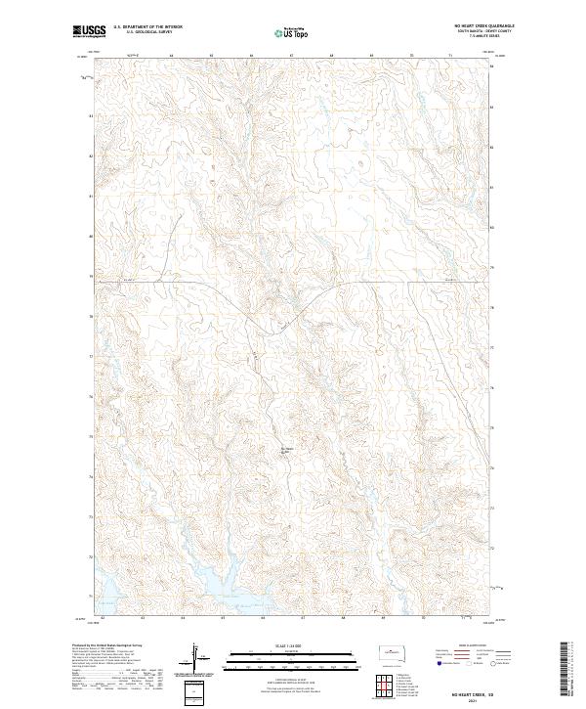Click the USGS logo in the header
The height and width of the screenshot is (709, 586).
pos(88,33)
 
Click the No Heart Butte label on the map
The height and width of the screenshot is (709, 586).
pos(286,450)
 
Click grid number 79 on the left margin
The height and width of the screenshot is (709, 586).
pos(92,277)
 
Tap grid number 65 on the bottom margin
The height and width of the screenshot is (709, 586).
pos(223,618)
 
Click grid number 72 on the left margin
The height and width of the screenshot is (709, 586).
pos(92,557)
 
